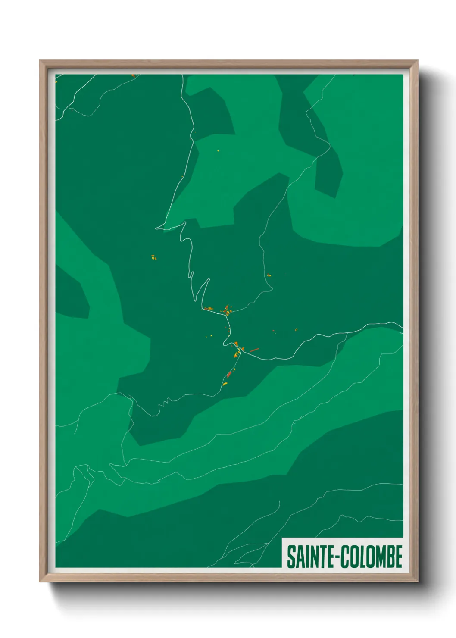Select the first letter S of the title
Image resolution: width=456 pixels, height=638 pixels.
click(x=290, y=557)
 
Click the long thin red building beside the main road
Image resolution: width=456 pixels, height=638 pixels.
click(x=254, y=350)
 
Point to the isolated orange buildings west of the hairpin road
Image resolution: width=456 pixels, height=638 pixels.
click(x=153, y=258)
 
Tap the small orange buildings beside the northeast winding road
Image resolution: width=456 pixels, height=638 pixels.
click(x=269, y=275)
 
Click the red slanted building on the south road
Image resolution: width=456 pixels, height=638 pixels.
click(x=229, y=375)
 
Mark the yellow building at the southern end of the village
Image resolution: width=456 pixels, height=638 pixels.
click(x=225, y=383)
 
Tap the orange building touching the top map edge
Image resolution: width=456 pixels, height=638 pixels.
click(x=133, y=75)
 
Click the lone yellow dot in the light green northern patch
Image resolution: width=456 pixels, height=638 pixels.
click(x=218, y=150)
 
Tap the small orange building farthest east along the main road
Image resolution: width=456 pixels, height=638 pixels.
click(x=296, y=330)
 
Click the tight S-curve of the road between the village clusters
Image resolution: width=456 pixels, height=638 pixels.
click(x=226, y=341)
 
